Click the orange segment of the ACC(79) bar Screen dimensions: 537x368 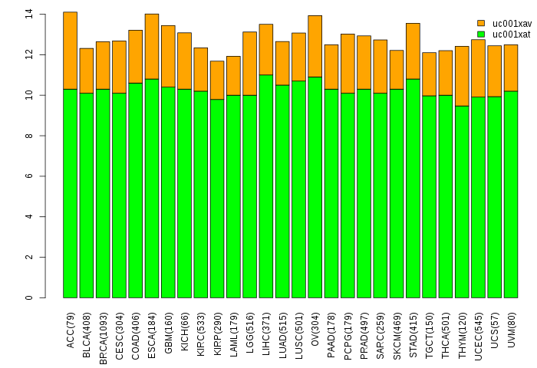coord(71,51)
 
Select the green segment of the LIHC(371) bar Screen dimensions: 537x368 coord(266,186)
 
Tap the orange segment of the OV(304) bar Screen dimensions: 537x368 coord(315,46)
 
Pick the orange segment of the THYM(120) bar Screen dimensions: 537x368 coord(462,77)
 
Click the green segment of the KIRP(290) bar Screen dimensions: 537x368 coord(217,199)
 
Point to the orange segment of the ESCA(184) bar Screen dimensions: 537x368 coord(152,47)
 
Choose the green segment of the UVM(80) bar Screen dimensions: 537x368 coord(511,195)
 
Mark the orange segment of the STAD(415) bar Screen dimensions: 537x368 coord(413,51)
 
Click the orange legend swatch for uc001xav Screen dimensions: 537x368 coord(481,23)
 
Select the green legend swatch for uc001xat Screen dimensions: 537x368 coord(481,34)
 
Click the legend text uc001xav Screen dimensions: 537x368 coord(512,23)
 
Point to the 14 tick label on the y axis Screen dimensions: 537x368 coord(29,15)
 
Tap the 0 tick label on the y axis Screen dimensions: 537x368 coord(29,297)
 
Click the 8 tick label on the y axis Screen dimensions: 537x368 coord(29,136)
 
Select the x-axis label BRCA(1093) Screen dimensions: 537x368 coord(103,338)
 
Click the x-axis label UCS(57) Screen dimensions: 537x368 coord(495,330)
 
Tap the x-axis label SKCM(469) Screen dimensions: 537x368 coord(397,336)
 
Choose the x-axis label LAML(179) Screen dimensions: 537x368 coord(233,334)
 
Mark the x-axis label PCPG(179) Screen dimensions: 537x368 coord(348,336)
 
